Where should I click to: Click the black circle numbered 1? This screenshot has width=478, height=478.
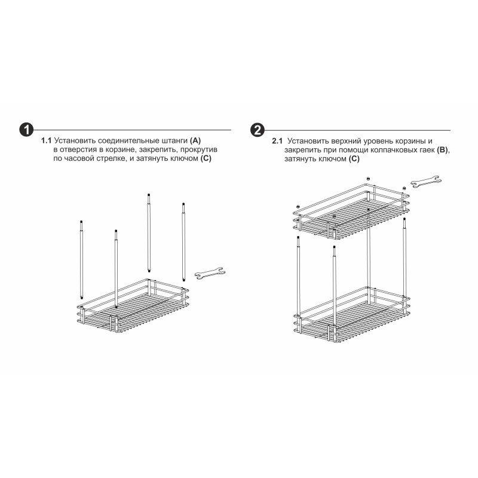pyautogui.click(x=26, y=130)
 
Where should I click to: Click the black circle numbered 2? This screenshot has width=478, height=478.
pyautogui.click(x=258, y=130)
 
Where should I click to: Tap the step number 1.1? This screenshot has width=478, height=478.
pyautogui.click(x=47, y=141)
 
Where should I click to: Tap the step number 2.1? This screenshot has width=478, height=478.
pyautogui.click(x=277, y=141)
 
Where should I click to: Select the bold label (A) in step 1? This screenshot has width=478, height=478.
pyautogui.click(x=195, y=141)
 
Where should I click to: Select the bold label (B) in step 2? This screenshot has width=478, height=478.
pyautogui.click(x=443, y=150)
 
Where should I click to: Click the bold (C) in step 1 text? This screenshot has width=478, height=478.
pyautogui.click(x=206, y=158)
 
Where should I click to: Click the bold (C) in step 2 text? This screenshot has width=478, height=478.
pyautogui.click(x=354, y=159)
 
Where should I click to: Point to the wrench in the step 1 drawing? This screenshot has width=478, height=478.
pyautogui.click(x=210, y=274)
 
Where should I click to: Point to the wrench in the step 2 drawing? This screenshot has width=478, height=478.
pyautogui.click(x=426, y=182)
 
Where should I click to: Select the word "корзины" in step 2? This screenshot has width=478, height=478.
pyautogui.click(x=413, y=142)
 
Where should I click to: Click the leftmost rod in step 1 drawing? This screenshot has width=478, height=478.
pyautogui.click(x=81, y=259)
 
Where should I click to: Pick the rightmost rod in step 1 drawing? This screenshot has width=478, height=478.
pyautogui.click(x=183, y=242)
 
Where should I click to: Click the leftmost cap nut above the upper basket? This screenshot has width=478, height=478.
pyautogui.click(x=298, y=207)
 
